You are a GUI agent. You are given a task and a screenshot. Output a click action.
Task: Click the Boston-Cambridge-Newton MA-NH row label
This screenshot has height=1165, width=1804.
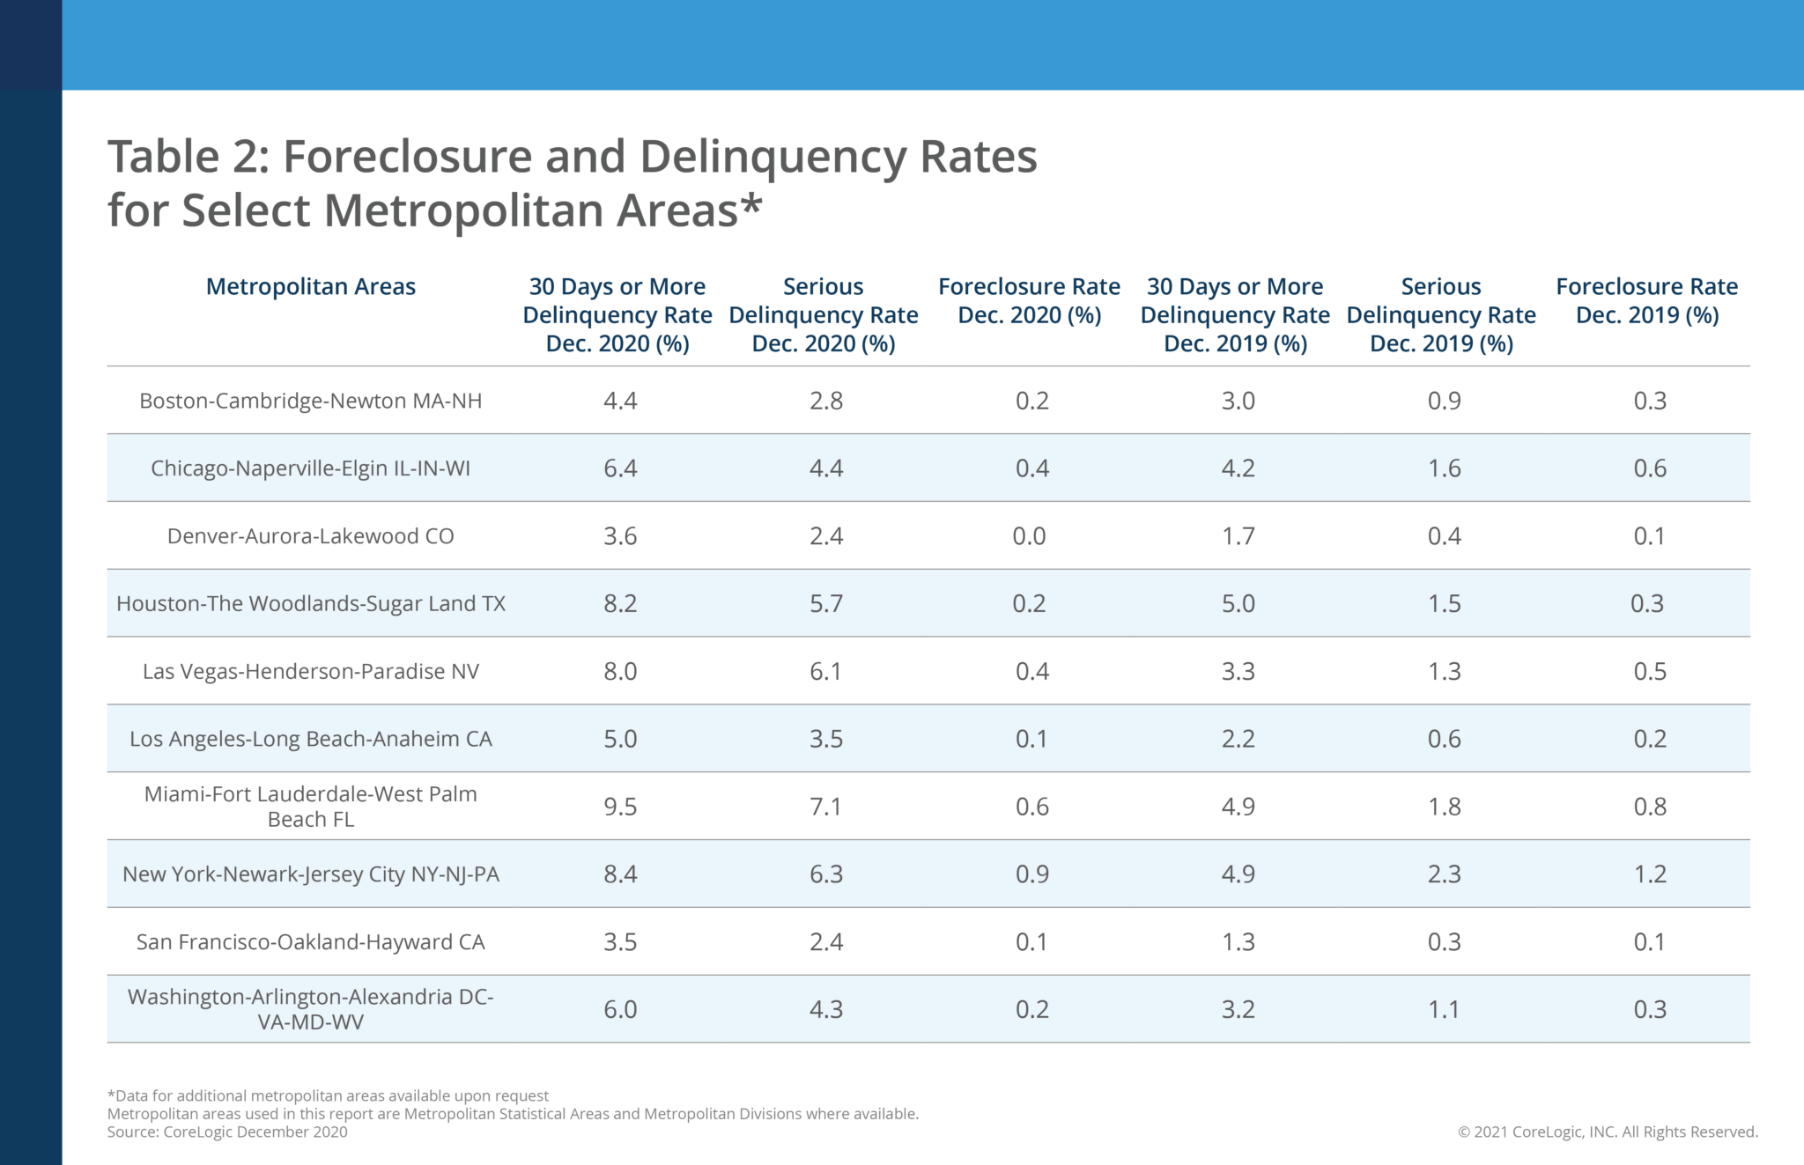coord(310,401)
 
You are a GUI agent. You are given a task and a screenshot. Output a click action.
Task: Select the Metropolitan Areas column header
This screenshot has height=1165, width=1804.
coord(310,287)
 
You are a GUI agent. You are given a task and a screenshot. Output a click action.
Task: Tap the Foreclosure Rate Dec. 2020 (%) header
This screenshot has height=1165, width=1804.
coord(1029,301)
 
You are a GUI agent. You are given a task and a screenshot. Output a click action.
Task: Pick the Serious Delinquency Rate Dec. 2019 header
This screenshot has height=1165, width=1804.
coord(1441,315)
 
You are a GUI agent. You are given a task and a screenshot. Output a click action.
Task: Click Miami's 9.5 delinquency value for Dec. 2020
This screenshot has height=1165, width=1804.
coord(620,807)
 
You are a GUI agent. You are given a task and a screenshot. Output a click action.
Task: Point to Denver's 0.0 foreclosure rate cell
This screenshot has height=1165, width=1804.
coord(1029,536)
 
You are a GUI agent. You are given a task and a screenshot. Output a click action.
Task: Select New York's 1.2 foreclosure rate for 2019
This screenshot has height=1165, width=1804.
coord(1650,874)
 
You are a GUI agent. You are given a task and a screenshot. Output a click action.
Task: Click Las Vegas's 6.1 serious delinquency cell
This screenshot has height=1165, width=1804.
coord(825,672)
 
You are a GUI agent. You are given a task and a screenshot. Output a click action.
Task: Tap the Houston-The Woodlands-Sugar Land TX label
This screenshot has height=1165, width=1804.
coord(310,604)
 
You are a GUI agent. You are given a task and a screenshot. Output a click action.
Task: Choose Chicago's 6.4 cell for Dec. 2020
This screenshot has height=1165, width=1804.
coord(620,468)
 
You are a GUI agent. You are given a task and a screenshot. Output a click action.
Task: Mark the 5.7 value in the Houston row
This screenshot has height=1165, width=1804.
coord(825,604)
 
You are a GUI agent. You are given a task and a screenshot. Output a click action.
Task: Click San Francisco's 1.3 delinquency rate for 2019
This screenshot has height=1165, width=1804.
coord(1238,942)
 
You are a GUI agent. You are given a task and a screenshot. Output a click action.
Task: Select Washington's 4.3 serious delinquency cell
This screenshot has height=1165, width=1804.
coord(825,1010)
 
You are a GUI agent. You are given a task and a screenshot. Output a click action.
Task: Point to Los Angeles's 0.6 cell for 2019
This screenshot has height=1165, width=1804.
coord(1444,739)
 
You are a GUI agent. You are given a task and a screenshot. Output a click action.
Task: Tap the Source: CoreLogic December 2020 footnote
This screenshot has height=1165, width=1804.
coord(227,1132)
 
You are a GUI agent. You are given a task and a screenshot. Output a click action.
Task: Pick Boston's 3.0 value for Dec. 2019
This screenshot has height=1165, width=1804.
coord(1238,401)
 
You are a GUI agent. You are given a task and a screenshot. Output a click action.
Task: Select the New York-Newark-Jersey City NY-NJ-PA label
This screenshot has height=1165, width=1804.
coord(310,874)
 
